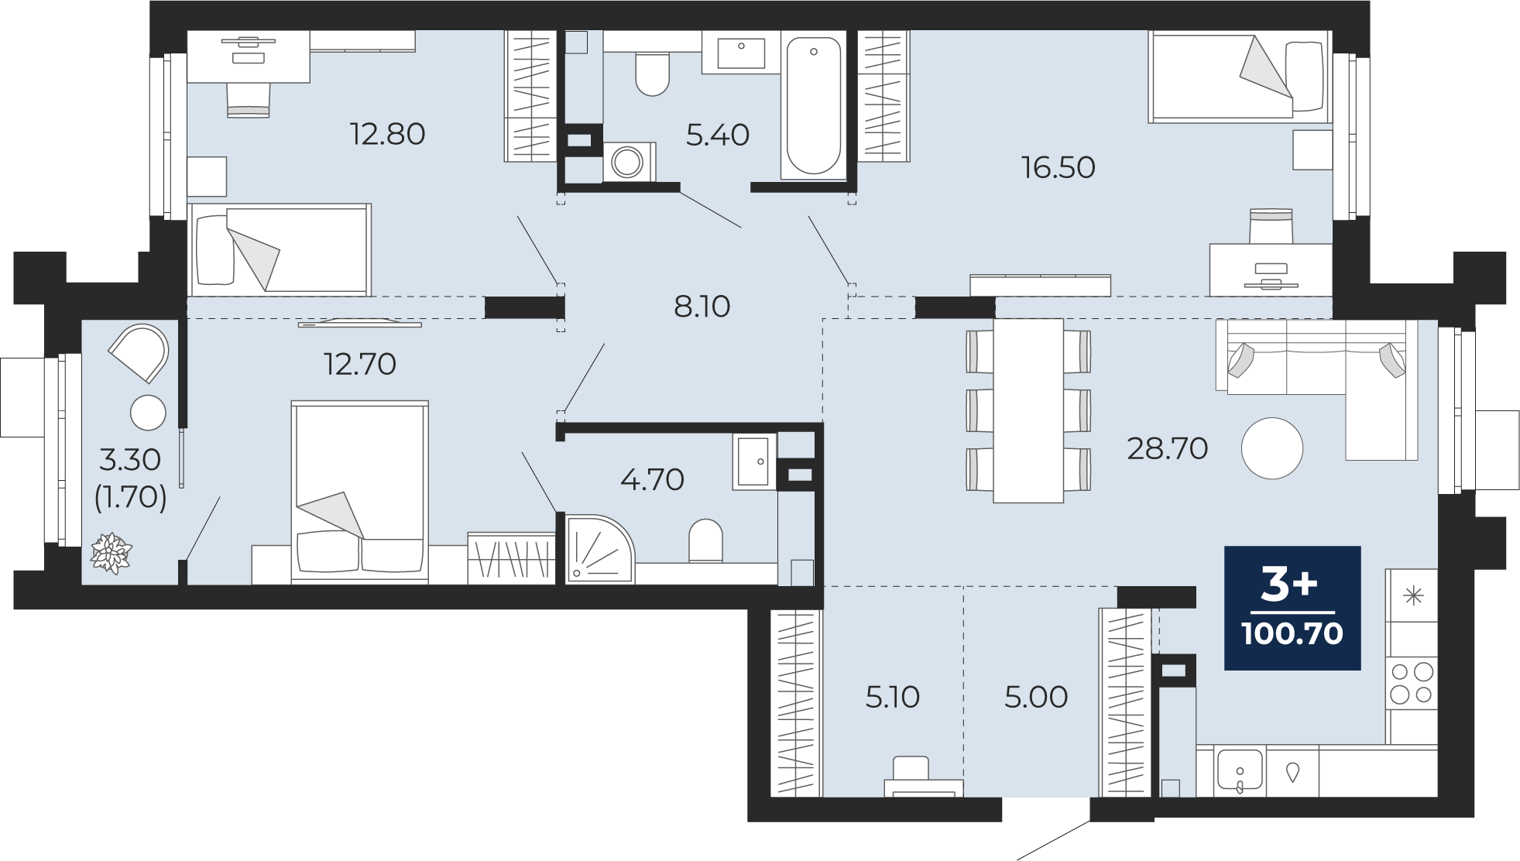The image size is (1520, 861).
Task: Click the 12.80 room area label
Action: (x=387, y=134)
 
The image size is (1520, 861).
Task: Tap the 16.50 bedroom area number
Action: (x=1058, y=167)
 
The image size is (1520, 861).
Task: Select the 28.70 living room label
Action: (x=1167, y=448)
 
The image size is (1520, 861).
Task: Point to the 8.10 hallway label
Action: (x=702, y=307)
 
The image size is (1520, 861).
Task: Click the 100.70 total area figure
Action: (x=1292, y=633)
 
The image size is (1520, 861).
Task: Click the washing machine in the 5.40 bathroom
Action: (x=628, y=163)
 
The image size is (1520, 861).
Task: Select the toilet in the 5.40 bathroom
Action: (x=652, y=73)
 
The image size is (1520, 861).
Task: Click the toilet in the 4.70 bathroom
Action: (x=705, y=540)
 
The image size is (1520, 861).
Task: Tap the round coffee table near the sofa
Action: (x=1272, y=448)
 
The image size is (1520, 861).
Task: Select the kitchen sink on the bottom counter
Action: (x=1240, y=771)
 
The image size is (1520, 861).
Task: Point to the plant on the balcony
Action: (x=112, y=554)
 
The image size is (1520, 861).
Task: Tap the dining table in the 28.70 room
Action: (x=1028, y=411)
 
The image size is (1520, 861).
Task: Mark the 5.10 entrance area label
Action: (x=892, y=697)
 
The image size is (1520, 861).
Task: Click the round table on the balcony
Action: (x=148, y=413)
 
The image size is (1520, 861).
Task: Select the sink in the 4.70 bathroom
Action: (x=753, y=461)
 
